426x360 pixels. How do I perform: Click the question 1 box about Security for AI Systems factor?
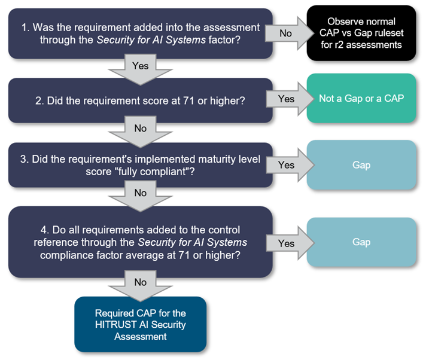[136, 33]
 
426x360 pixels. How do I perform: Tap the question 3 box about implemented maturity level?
[136, 165]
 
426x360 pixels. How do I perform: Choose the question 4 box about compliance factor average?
[136, 242]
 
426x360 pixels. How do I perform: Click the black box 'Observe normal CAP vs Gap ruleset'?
[361, 32]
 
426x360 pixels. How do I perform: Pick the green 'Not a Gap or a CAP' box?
[361, 98]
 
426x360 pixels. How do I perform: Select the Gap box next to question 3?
[361, 164]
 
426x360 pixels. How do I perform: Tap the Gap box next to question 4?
[361, 242]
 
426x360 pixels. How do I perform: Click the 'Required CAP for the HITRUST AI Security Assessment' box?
[141, 324]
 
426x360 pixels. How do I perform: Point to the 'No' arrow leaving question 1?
[286, 33]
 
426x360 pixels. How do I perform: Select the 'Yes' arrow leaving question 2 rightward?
[286, 99]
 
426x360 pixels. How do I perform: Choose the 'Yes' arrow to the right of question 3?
[286, 164]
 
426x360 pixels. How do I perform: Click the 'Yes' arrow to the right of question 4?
[286, 243]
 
